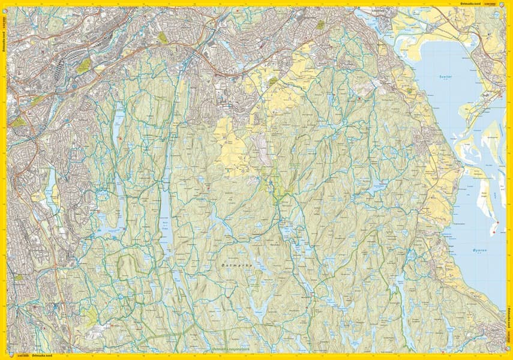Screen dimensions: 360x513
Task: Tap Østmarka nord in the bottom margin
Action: [44, 357]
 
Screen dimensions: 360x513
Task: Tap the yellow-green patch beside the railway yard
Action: [84, 65]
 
